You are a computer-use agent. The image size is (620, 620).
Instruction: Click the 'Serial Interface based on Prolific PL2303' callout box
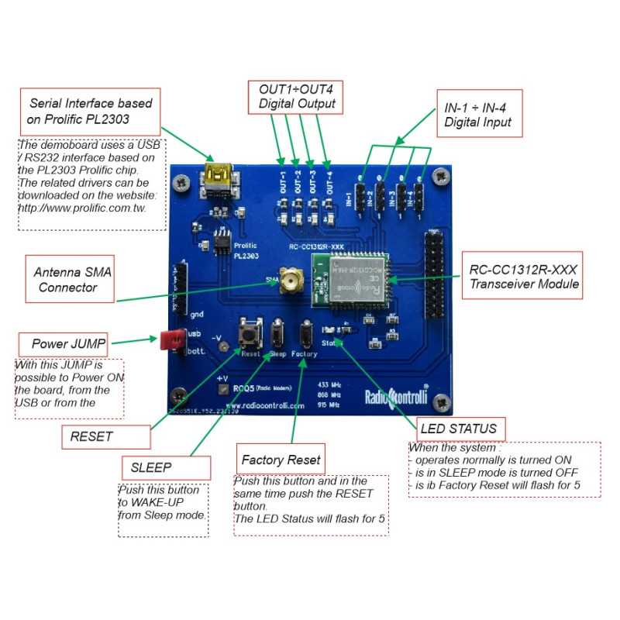(x=91, y=111)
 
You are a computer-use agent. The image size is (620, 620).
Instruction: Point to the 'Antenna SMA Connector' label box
(x=70, y=279)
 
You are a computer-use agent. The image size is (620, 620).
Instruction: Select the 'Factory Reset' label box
(x=280, y=459)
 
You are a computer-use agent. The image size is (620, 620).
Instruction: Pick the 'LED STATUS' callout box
(x=456, y=428)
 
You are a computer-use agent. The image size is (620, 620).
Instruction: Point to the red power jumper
(x=171, y=339)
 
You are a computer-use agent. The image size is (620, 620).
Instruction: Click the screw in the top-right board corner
(x=443, y=178)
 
